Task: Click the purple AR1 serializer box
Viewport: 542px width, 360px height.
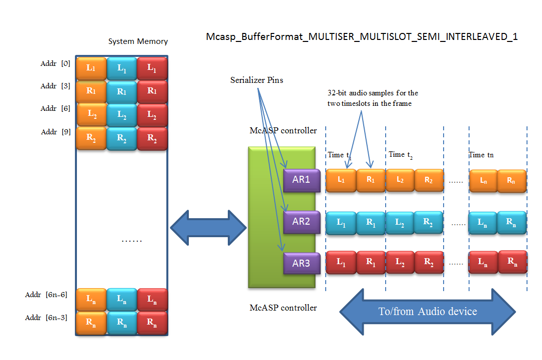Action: (x=301, y=180)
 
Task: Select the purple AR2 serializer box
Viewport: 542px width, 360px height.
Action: (x=301, y=221)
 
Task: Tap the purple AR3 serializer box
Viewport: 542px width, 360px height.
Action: (x=301, y=263)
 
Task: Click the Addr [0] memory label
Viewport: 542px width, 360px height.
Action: (x=55, y=64)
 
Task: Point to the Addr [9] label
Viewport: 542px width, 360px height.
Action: (x=55, y=132)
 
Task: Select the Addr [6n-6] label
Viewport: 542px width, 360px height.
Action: (x=46, y=295)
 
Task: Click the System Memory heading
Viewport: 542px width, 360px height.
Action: (x=138, y=41)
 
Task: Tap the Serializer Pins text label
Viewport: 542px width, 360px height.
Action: (x=256, y=80)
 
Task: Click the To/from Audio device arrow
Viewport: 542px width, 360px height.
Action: (x=427, y=312)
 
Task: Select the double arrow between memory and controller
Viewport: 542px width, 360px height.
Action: (x=209, y=228)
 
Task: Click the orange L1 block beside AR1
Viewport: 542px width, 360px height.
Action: (x=341, y=180)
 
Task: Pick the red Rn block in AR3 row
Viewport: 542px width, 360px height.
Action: (x=512, y=262)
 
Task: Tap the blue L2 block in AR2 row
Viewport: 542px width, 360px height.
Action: (x=400, y=223)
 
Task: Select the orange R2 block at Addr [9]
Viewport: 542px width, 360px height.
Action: (x=91, y=138)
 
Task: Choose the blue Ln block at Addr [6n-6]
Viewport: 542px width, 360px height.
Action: (x=121, y=300)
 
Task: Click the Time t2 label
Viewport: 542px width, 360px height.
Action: (x=401, y=155)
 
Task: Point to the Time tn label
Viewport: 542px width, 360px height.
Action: (x=481, y=155)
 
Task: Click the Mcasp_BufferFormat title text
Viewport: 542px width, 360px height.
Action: (x=362, y=37)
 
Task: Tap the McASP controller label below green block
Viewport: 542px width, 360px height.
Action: (x=283, y=308)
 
